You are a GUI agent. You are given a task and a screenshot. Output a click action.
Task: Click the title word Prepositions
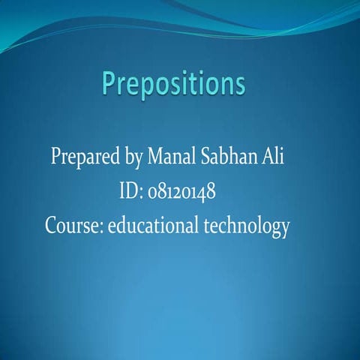[174, 83]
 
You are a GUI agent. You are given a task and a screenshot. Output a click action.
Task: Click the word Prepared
[82, 159]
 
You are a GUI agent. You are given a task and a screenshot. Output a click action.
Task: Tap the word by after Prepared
[130, 160]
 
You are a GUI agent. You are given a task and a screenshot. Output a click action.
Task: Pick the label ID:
[130, 192]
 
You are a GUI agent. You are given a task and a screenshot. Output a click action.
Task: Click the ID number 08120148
[183, 193]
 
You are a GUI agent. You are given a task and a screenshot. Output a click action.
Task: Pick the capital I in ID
[121, 192]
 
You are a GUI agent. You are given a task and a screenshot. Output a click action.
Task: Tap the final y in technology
[283, 229]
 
